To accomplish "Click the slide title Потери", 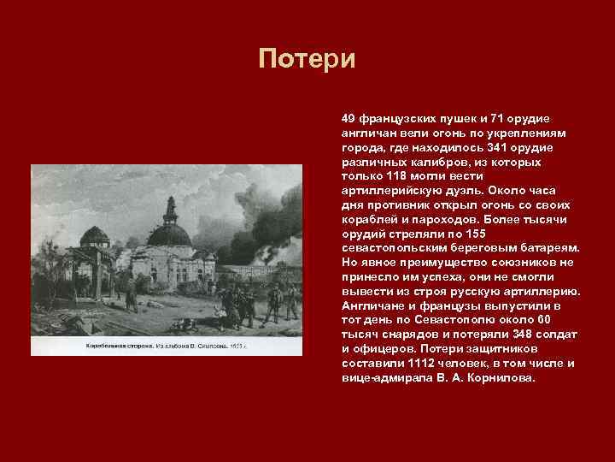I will click(x=307, y=60).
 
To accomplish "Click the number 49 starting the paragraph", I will click(x=348, y=118).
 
